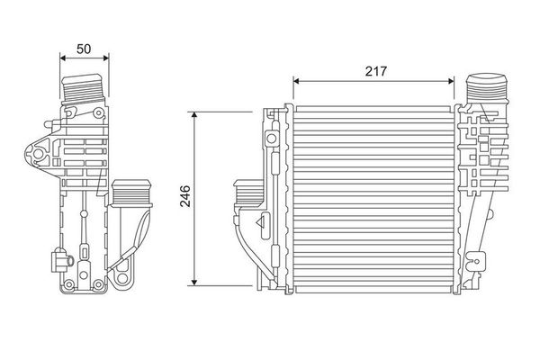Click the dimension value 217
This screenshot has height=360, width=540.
click(x=376, y=70)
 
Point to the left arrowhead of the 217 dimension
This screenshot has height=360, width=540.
click(x=297, y=81)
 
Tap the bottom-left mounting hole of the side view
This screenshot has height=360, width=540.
click(x=66, y=286)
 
